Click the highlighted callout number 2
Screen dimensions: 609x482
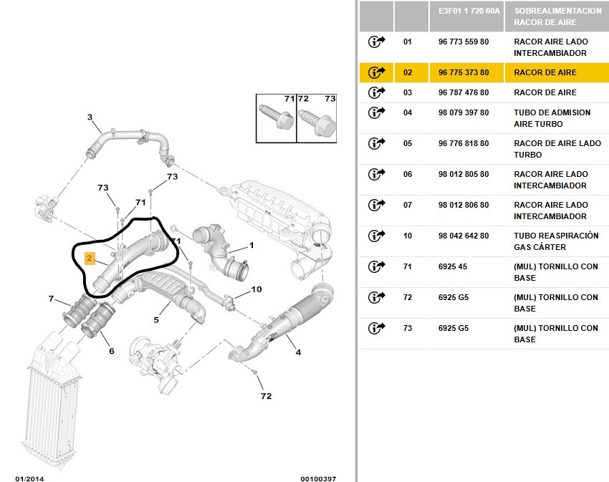pyautogui.click(x=90, y=259)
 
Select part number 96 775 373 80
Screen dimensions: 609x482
pyautogui.click(x=464, y=72)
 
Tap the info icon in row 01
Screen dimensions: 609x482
pyautogui.click(x=376, y=42)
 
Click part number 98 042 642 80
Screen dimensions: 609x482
pyautogui.click(x=464, y=236)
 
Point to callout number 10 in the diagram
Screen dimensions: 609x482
pyautogui.click(x=256, y=289)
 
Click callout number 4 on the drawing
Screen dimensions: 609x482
pyautogui.click(x=298, y=352)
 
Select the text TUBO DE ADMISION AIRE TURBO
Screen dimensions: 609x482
pyautogui.click(x=552, y=118)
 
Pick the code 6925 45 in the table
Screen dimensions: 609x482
pyautogui.click(x=453, y=266)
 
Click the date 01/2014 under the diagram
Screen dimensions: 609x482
pyautogui.click(x=29, y=478)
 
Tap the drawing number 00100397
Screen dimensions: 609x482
pyautogui.click(x=318, y=478)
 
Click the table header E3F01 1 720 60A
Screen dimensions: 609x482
pyautogui.click(x=469, y=11)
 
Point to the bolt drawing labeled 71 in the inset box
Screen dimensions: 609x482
pyautogui.click(x=276, y=117)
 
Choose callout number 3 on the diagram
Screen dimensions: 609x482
pyautogui.click(x=90, y=117)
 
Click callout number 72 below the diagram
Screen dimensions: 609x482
pyautogui.click(x=266, y=396)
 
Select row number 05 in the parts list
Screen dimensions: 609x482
pyautogui.click(x=408, y=143)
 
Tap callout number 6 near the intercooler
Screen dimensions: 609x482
pyautogui.click(x=112, y=351)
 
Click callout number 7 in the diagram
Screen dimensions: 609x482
pyautogui.click(x=52, y=299)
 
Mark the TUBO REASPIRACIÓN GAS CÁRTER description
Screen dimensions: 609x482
pyautogui.click(x=556, y=241)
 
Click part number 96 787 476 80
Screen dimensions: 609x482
pyautogui.click(x=464, y=92)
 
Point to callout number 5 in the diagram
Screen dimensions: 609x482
pyautogui.click(x=156, y=320)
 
